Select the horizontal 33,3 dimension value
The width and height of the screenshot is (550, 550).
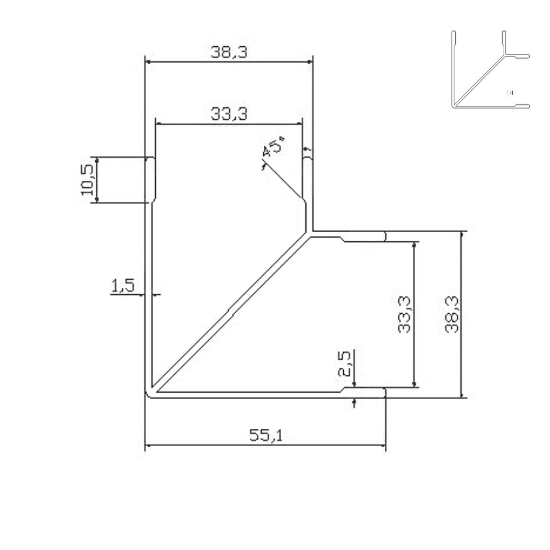[229, 114]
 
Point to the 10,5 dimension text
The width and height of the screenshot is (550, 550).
[87, 180]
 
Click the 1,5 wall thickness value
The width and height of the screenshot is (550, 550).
[122, 286]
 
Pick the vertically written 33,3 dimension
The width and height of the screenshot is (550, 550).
[404, 314]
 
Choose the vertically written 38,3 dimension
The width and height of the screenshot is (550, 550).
[452, 314]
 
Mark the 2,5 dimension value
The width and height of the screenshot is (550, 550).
[345, 363]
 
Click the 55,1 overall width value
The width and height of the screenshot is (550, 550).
[265, 435]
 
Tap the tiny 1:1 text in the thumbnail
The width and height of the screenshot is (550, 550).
[510, 93]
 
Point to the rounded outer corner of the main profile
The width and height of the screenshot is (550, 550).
[148, 395]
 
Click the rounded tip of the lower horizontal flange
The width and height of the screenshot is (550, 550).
[384, 393]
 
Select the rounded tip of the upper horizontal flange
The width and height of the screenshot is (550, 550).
[384, 236]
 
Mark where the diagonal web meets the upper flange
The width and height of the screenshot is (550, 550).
[309, 235]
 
